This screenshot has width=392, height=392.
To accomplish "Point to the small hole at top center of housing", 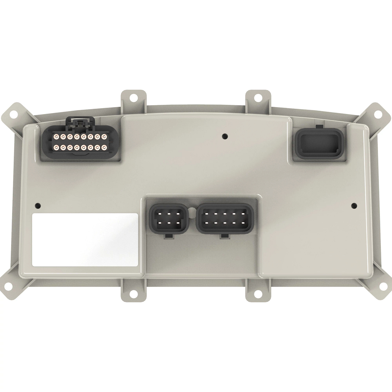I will point(224,135).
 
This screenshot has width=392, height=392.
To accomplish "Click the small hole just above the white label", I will point(38,205).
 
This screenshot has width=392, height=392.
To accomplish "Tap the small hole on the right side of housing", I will point(353,205).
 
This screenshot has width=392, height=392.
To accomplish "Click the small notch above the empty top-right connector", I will point(319,126).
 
